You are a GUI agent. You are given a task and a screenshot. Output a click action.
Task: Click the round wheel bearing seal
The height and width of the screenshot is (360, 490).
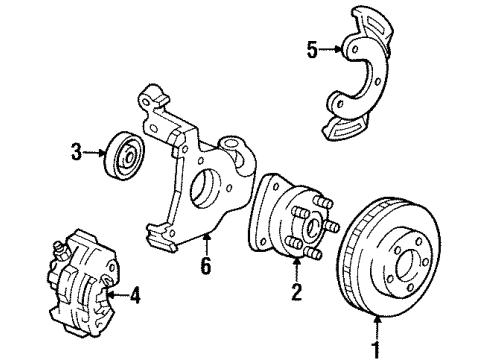point(125,157)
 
